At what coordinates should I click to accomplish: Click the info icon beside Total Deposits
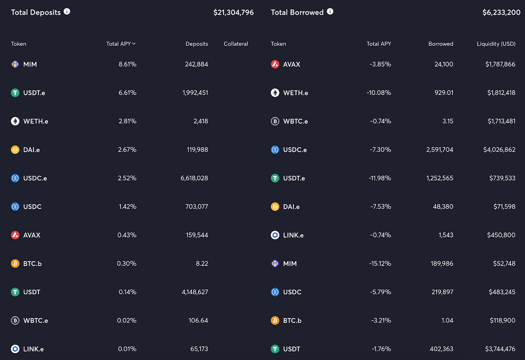click(x=67, y=12)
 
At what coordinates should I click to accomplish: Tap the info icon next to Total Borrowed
click(x=330, y=12)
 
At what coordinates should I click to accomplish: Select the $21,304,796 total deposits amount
click(x=233, y=12)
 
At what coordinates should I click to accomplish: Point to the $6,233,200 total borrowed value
click(x=501, y=12)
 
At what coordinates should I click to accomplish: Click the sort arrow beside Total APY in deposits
click(x=134, y=44)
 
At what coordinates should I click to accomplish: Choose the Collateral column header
click(x=235, y=44)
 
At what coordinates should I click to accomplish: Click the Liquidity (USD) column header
click(x=496, y=44)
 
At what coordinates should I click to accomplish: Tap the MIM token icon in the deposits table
click(x=15, y=64)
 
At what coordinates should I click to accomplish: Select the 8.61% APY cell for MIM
click(x=127, y=64)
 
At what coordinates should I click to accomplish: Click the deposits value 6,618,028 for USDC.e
click(x=194, y=178)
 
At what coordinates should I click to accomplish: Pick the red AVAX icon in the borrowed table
click(x=275, y=64)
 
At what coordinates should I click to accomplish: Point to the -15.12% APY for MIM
click(x=380, y=264)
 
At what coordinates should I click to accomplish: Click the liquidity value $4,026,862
click(x=499, y=150)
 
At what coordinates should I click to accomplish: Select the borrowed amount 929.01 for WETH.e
click(x=444, y=93)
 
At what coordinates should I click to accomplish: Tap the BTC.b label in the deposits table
click(x=32, y=264)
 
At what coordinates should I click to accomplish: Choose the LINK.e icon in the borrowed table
click(x=275, y=235)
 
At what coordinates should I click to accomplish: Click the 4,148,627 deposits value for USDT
click(x=195, y=292)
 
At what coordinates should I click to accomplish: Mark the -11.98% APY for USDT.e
click(x=380, y=178)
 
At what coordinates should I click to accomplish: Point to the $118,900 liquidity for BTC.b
click(x=503, y=320)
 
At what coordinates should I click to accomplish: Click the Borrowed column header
click(x=441, y=44)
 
